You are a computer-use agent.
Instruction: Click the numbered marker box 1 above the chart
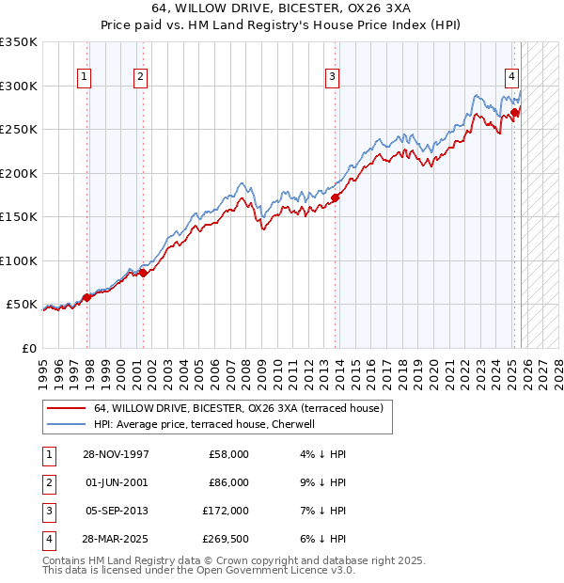point(86,77)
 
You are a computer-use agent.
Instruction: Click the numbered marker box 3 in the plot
point(333,77)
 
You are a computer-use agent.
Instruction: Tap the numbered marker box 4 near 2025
point(511,77)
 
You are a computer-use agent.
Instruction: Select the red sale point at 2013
point(335,197)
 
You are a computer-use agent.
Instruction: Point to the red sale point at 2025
point(515,113)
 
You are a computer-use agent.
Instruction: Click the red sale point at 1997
point(87,297)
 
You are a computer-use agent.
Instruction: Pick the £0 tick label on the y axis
point(29,348)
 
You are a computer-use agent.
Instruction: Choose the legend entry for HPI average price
point(210,424)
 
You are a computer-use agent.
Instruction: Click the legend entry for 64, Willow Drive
point(238,409)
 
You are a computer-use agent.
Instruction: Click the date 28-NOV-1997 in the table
point(116,454)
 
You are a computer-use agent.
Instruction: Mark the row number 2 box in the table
point(46,481)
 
